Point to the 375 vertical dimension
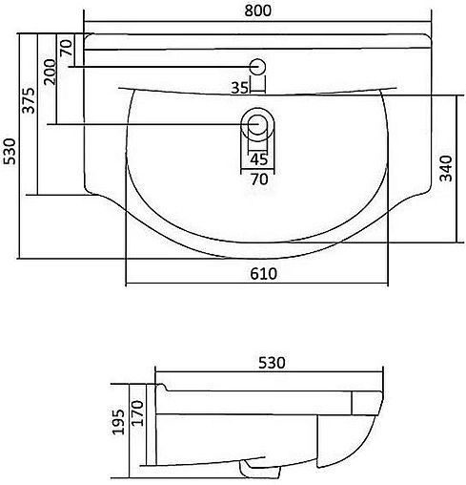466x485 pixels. point(30,101)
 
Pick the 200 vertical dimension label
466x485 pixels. point(50,72)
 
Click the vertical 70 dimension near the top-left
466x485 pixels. point(66,48)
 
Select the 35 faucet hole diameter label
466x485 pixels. point(240,88)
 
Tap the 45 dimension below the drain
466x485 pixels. point(258,159)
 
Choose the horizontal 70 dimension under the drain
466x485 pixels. point(258,177)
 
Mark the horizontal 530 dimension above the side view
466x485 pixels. point(273,363)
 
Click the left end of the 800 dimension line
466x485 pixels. point(85,22)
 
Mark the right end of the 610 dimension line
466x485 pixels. point(390,285)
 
